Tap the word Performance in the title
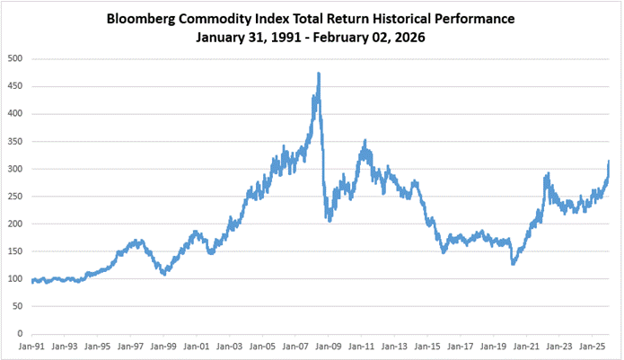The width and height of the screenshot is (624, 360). [x=474, y=18]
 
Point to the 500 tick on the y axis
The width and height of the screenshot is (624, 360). [x=15, y=59]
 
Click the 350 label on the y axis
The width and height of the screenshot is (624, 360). [x=15, y=142]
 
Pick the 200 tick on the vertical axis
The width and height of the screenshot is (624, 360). [x=15, y=224]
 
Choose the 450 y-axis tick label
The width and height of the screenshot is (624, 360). [x=15, y=87]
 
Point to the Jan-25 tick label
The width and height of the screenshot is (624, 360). [x=592, y=347]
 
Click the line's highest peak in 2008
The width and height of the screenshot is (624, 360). [x=319, y=74]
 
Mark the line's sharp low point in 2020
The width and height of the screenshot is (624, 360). [x=513, y=264]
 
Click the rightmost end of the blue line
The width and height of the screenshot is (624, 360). [x=608, y=162]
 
